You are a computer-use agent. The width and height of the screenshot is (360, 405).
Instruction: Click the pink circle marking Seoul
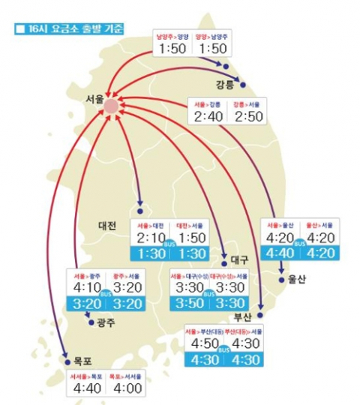pos(111,106)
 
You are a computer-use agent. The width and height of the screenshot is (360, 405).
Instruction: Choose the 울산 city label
pos(298,279)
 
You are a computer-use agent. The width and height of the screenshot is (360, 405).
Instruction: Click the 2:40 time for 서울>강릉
pos(210,116)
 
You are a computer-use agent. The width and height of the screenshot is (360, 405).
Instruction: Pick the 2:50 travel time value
pos(247,116)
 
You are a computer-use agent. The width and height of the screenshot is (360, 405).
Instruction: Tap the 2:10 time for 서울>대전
pos(153,238)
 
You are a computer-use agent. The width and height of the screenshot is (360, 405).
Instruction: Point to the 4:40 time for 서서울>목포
pos(88,388)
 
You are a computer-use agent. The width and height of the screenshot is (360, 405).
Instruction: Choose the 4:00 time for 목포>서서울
pos(125,388)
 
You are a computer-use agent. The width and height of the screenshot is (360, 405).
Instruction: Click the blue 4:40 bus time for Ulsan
pos(280,253)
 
